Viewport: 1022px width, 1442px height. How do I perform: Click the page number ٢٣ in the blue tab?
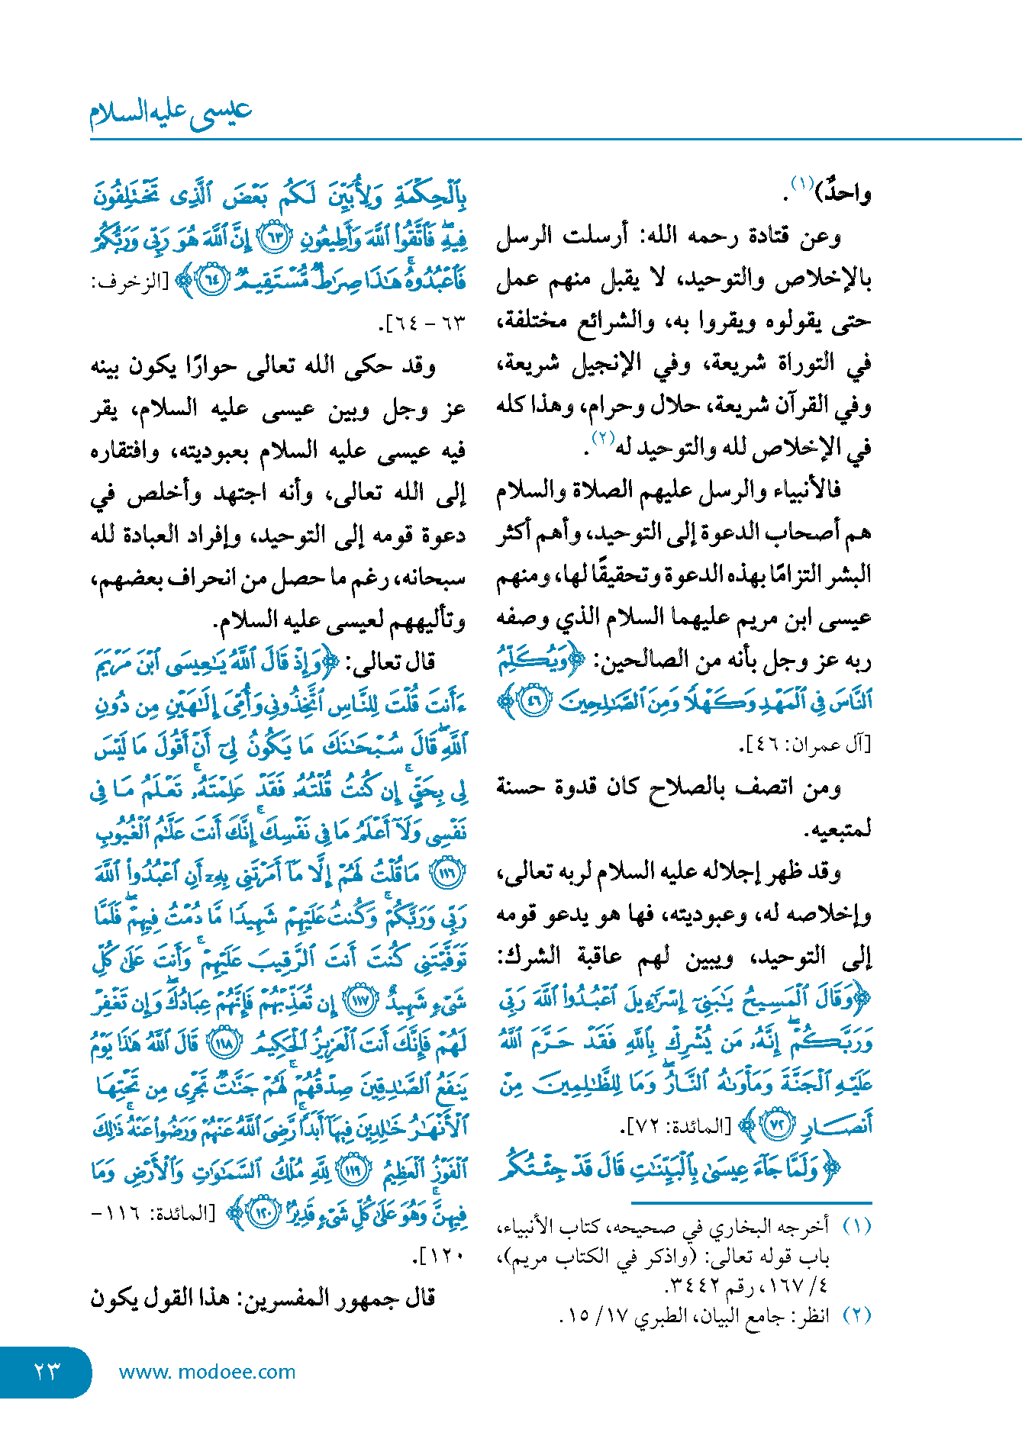[x=47, y=1371]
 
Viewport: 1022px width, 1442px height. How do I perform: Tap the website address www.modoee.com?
[x=207, y=1372]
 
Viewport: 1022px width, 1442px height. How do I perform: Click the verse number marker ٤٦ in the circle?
[x=534, y=702]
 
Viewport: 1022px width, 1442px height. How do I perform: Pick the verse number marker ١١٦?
[x=448, y=873]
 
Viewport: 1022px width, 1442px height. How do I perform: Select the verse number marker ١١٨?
[x=225, y=1043]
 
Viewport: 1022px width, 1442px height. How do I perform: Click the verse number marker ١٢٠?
[x=265, y=1213]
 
